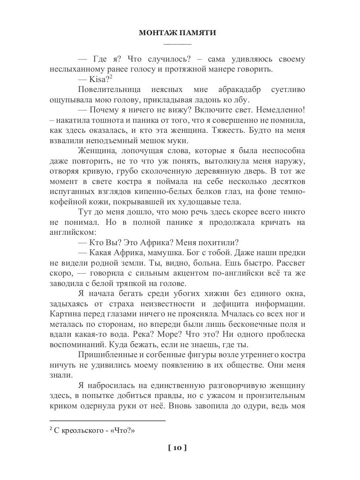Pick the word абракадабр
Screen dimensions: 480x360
coord(239,90)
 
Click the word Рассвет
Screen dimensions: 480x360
coord(289,264)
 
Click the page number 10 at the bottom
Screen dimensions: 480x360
coord(178,448)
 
